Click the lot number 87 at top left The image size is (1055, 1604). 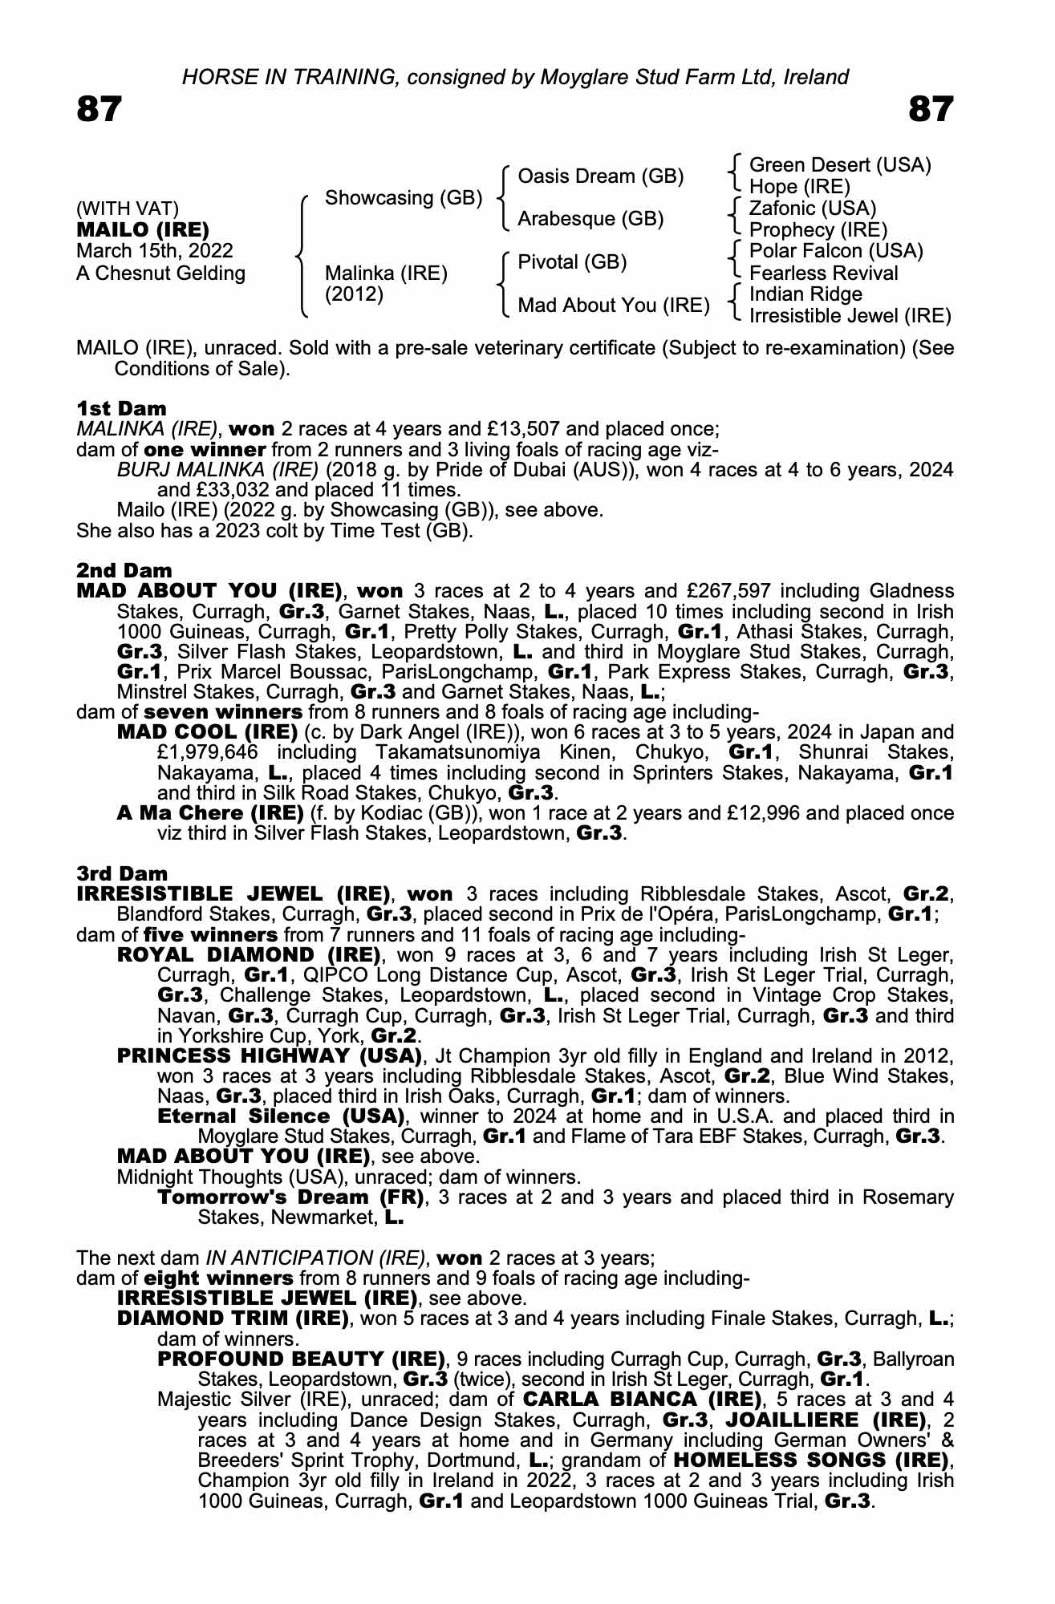(99, 109)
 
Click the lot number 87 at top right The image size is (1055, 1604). (931, 109)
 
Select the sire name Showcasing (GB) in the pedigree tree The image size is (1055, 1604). (403, 197)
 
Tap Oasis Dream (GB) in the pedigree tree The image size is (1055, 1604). (601, 176)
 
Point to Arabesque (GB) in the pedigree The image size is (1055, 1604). (590, 219)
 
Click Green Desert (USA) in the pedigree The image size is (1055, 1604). (840, 165)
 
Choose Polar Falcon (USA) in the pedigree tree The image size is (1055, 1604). (836, 251)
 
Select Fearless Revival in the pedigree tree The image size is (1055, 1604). (823, 273)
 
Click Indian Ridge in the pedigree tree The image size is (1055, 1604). (805, 294)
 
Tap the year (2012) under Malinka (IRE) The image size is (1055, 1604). (354, 294)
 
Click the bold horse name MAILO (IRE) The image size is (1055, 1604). (142, 230)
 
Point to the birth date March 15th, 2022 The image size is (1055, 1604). (154, 251)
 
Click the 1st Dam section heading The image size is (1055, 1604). (121, 408)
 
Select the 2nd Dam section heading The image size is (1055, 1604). (124, 570)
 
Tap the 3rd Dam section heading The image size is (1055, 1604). (122, 873)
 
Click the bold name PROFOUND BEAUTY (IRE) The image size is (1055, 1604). (301, 1359)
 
